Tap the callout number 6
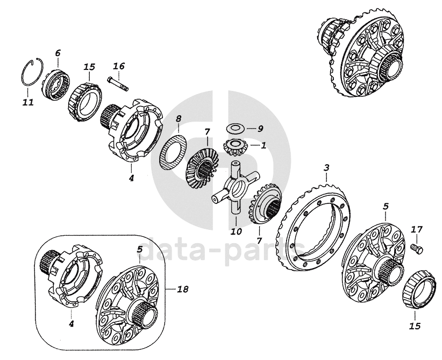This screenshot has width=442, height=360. [58, 53]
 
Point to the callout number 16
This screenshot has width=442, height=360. [119, 66]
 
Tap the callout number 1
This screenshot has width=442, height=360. [263, 145]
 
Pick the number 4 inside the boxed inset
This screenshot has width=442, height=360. [72, 324]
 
